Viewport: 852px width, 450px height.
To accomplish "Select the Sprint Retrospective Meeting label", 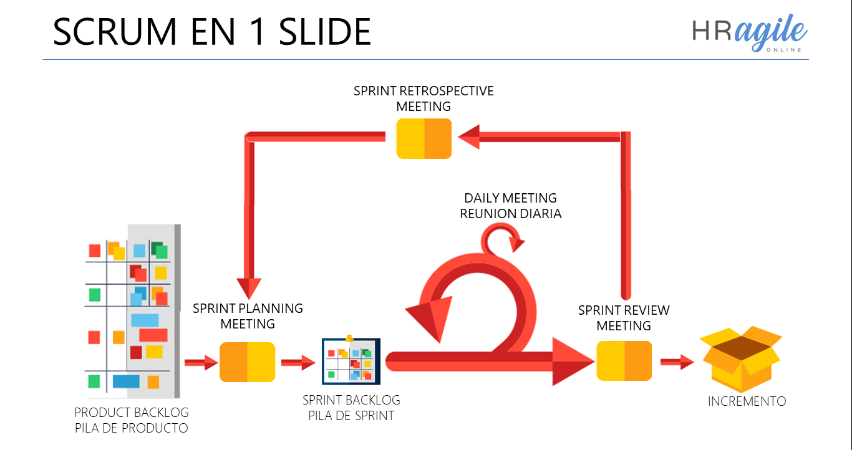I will pyautogui.click(x=424, y=98).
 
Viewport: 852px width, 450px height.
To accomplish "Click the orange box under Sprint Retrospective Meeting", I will pyautogui.click(x=424, y=138).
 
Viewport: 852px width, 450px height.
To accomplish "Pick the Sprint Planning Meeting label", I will pyautogui.click(x=248, y=316).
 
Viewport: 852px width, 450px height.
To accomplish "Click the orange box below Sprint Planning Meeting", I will pyautogui.click(x=247, y=362).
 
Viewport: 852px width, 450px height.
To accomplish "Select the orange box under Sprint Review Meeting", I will pyautogui.click(x=624, y=361).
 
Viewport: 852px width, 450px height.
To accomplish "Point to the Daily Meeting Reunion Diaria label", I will pyautogui.click(x=511, y=206).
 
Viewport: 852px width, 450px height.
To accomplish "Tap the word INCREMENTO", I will pyautogui.click(x=747, y=401).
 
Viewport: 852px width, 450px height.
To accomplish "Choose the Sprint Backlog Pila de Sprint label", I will pyautogui.click(x=351, y=408).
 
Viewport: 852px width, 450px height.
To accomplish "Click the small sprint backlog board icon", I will pyautogui.click(x=351, y=361).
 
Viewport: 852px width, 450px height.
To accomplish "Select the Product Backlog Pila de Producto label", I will pyautogui.click(x=131, y=420).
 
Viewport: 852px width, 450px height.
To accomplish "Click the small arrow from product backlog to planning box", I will pyautogui.click(x=200, y=362).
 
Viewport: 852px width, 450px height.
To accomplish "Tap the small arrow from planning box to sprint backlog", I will pyautogui.click(x=298, y=362).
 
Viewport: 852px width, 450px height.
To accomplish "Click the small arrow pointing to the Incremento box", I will pyautogui.click(x=677, y=361).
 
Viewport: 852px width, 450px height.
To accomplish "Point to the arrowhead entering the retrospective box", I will pyautogui.click(x=470, y=137).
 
